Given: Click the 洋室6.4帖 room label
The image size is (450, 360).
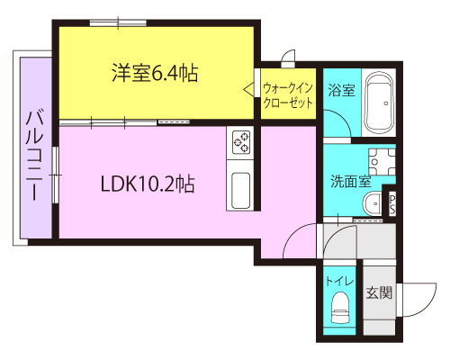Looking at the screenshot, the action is (x=155, y=73).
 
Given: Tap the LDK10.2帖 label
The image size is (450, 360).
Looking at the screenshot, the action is (x=148, y=184).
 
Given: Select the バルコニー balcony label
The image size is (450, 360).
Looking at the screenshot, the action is (x=35, y=156).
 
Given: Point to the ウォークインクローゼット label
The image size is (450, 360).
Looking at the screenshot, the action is (x=288, y=95).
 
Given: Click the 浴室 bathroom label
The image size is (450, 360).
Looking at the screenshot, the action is (x=342, y=90).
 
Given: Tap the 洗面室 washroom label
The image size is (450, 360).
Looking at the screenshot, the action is (x=351, y=181).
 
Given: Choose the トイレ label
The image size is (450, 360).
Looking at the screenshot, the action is (x=339, y=281).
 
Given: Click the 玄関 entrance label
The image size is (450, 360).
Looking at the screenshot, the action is (x=379, y=292).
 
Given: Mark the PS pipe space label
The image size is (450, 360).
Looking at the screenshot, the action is (x=392, y=204).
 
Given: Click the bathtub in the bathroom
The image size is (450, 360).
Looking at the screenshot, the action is (x=379, y=104).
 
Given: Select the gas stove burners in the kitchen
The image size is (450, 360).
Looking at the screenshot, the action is (x=241, y=142).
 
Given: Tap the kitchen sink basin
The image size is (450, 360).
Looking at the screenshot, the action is (x=241, y=190).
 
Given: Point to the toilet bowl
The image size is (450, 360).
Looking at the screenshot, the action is (x=340, y=308).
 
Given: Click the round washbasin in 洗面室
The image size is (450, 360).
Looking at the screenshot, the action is (x=373, y=203).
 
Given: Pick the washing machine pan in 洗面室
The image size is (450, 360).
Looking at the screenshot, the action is (x=382, y=162).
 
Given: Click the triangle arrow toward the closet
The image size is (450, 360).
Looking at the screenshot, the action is (x=248, y=90).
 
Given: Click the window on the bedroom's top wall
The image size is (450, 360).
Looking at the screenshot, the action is (x=118, y=22).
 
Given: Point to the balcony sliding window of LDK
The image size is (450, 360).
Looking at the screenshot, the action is (x=56, y=175).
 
